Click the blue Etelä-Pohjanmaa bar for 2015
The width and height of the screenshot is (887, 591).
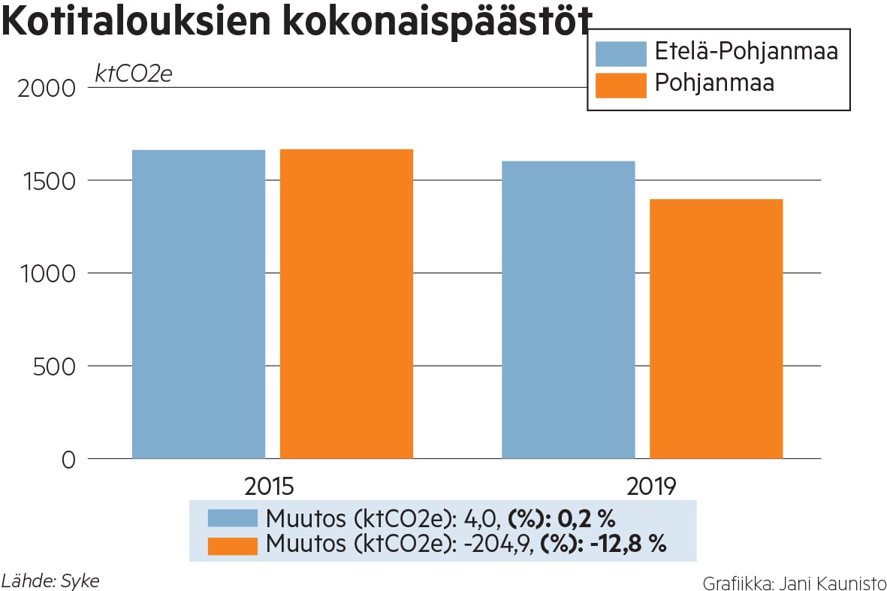(x=198, y=304)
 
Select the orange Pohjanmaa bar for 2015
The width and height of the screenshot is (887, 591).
(x=346, y=304)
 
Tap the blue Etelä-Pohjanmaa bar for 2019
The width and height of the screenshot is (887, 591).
(x=568, y=309)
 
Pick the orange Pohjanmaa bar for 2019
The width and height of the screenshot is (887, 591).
(x=716, y=328)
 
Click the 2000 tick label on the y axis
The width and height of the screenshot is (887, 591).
(x=45, y=89)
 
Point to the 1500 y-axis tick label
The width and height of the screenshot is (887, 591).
(x=46, y=181)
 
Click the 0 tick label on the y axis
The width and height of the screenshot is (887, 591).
(x=68, y=460)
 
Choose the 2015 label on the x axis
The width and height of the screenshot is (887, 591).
(x=269, y=486)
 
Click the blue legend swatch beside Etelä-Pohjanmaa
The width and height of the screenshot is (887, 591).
(x=620, y=53)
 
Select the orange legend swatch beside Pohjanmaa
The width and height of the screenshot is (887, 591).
(x=620, y=84)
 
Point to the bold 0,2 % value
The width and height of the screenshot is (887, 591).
(x=587, y=519)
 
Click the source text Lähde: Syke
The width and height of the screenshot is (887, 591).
(x=50, y=580)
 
